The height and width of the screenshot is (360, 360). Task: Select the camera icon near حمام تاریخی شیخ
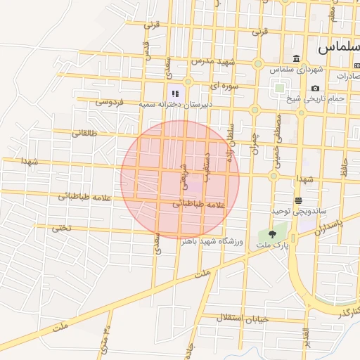pyautogui.click(x=315, y=88)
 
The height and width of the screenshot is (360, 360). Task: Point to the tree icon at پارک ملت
pyautogui.click(x=272, y=234)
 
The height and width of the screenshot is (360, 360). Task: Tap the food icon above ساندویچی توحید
pyautogui.click(x=298, y=200)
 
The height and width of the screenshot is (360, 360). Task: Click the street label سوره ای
pyautogui.click(x=224, y=86)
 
